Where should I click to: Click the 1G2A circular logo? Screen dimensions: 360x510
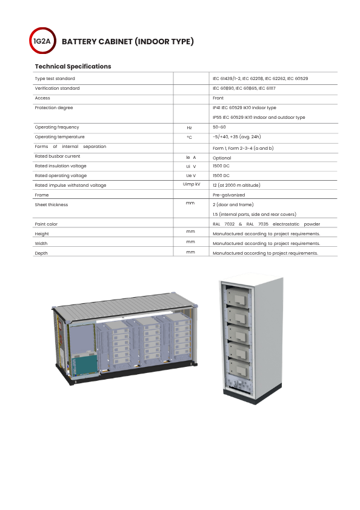(42, 41)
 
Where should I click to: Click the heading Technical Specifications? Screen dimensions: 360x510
(73, 66)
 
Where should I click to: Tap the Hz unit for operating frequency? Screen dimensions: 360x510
(189, 128)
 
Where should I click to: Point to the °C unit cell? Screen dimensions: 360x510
(189, 138)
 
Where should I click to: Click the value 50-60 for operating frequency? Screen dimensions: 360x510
(219, 127)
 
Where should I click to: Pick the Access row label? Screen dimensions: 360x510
(42, 98)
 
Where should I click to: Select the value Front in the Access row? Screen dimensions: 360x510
(218, 98)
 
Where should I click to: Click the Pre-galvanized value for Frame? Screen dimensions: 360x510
(229, 195)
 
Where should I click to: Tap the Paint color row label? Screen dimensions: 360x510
(46, 224)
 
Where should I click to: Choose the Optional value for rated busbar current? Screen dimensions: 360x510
(222, 158)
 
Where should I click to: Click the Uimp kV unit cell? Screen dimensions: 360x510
(192, 184)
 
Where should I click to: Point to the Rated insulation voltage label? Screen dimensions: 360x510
(61, 166)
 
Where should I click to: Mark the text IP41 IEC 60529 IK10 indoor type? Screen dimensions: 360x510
(244, 108)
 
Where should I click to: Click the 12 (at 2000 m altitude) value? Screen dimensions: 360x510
(236, 185)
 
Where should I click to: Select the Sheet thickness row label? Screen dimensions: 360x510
(52, 204)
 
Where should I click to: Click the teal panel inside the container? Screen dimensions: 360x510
(85, 365)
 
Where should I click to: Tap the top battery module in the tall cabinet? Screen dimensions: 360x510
(238, 297)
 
